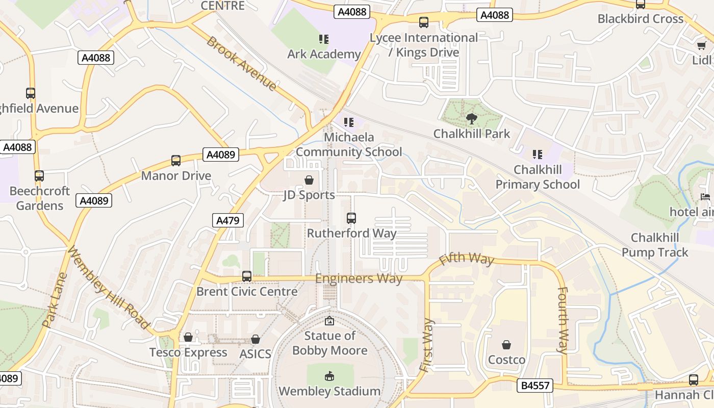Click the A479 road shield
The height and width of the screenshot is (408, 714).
coord(228,220)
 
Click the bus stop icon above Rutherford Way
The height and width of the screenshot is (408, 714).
coord(351,218)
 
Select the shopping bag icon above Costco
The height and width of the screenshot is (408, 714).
coord(506,345)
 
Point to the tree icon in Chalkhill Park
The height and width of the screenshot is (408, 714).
coord(472,119)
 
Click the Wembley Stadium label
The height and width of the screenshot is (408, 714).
coord(329,391)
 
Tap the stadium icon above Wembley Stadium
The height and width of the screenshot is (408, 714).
coord(329,376)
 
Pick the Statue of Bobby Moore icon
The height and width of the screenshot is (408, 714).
coord(329,321)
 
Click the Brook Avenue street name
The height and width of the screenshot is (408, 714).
coord(241,63)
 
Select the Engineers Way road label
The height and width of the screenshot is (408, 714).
coord(359,278)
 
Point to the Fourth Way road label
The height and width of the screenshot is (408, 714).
coord(563,320)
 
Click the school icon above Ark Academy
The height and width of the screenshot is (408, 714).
coord(324,39)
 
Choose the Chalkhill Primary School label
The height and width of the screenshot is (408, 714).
coord(538,177)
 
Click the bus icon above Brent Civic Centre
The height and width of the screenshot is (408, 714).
coord(247,276)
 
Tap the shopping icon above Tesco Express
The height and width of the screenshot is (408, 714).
coord(188,337)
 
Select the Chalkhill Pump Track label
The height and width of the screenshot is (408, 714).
coord(655,245)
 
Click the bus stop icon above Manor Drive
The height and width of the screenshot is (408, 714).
coord(176,161)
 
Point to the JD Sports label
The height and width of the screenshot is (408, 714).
coord(309,195)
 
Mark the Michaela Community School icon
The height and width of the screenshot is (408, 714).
coord(349,122)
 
